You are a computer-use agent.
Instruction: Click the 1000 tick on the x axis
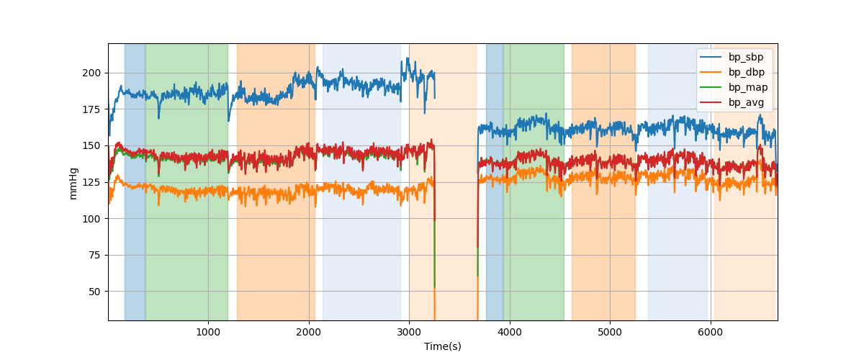point(208,331)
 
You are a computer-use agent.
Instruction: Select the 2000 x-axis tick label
point(308,331)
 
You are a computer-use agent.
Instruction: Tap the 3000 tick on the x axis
point(409,331)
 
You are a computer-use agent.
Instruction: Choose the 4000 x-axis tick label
point(510,331)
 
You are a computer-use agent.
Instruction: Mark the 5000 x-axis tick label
point(610,331)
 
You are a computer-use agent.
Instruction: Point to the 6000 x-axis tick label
point(711,331)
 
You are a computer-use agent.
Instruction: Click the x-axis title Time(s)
point(442,346)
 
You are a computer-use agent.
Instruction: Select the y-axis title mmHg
point(73,182)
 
